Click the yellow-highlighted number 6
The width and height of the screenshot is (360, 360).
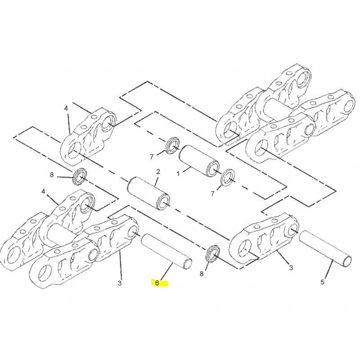point(157,283)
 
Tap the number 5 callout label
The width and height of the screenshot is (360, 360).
point(322,282)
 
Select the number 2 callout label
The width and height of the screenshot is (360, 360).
point(158,172)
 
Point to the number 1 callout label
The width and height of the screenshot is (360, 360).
point(178,174)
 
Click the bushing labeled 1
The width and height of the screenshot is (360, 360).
point(199,161)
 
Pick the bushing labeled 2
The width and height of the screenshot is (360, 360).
point(148,193)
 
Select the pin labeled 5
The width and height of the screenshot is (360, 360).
point(325,249)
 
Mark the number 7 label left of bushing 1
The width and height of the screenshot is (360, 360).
point(152,157)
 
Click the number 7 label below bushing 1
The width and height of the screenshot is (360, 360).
point(212,194)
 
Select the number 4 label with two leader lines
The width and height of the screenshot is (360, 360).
point(66,108)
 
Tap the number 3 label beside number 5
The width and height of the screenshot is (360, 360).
point(291,267)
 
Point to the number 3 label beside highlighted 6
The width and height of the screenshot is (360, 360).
point(119,283)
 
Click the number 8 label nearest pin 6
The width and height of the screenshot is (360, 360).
point(201,274)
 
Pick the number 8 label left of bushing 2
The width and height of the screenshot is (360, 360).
point(52,175)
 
